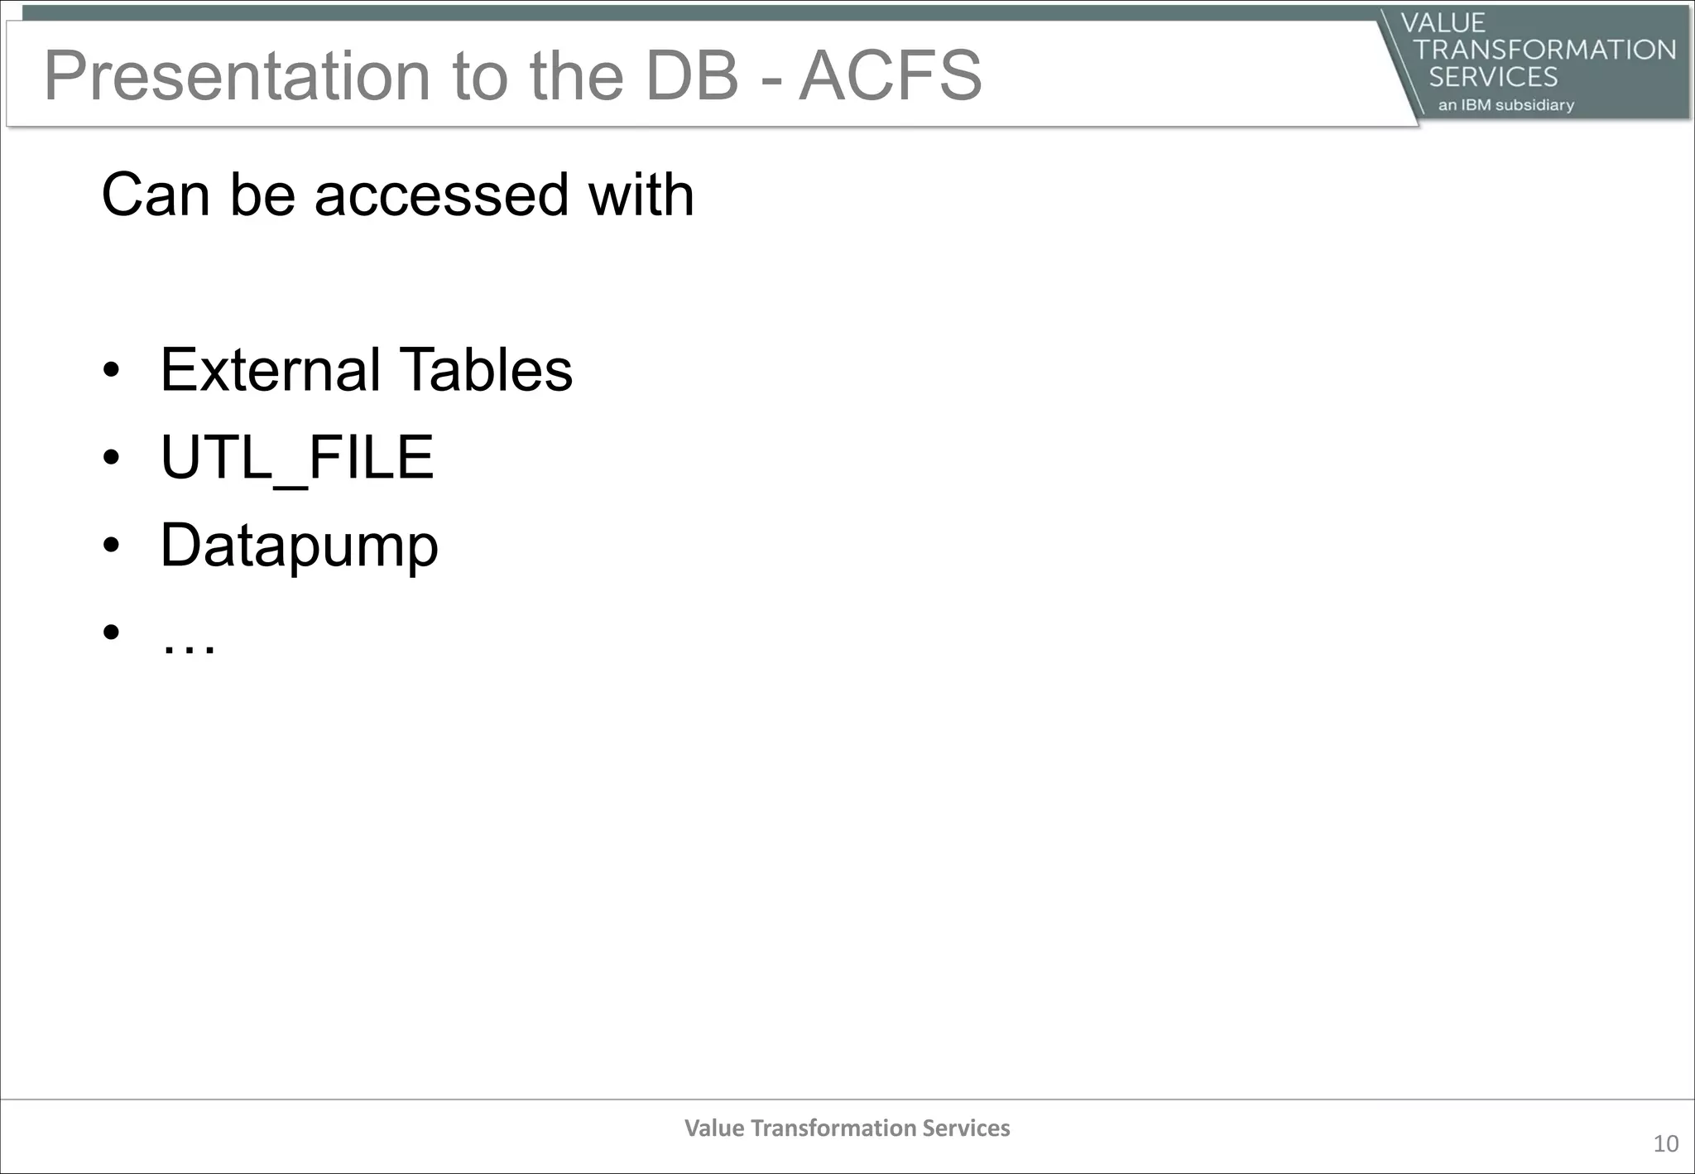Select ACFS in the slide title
[891, 76]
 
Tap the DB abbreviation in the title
[691, 76]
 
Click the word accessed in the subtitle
[441, 195]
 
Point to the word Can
[155, 195]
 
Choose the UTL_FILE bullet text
[296, 457]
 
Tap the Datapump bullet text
[299, 546]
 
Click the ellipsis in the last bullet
[189, 646]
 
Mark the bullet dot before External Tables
[112, 370]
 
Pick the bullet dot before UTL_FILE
[112, 458]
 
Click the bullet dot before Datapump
[112, 546]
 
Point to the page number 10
[1665, 1144]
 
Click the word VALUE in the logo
[1443, 22]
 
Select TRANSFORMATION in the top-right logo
[1544, 50]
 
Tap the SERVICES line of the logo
[1493, 77]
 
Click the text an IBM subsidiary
[1505, 105]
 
